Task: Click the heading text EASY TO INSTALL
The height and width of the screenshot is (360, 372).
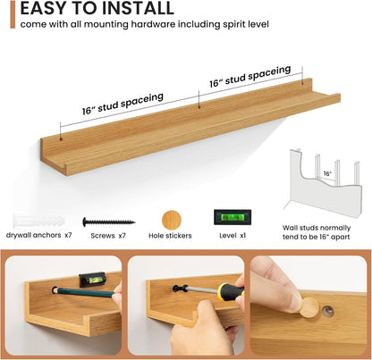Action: (x=97, y=8)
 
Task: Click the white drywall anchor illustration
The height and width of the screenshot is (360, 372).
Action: (x=38, y=222)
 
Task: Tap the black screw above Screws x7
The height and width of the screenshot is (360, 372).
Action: (x=109, y=222)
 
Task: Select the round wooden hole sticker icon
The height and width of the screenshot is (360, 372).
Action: (x=172, y=221)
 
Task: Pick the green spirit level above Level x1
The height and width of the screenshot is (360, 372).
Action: (x=232, y=217)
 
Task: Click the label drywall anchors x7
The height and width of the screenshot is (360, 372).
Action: (x=39, y=235)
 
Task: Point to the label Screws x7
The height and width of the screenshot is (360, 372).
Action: (x=108, y=236)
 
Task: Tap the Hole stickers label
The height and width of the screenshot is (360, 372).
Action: (x=170, y=236)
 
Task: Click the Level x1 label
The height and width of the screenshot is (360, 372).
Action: (x=232, y=235)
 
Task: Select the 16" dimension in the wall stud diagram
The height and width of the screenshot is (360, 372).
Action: (x=327, y=173)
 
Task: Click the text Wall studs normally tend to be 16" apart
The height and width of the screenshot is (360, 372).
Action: (x=317, y=232)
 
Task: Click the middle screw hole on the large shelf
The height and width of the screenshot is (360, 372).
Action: (x=199, y=107)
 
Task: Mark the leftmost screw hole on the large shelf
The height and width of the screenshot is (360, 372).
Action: (x=61, y=138)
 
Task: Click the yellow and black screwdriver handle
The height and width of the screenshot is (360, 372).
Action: (x=230, y=291)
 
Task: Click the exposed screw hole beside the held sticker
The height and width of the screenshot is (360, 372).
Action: (x=327, y=311)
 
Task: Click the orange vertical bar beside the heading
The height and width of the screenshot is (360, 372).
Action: (x=13, y=14)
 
